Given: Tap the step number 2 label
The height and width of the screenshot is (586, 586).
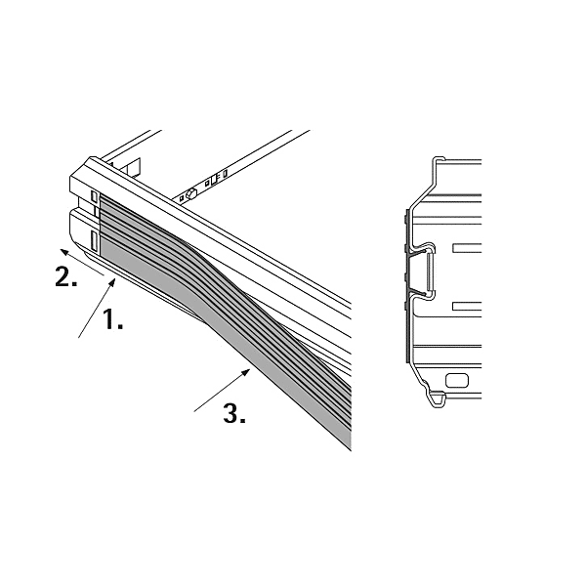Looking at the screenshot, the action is coord(66,277).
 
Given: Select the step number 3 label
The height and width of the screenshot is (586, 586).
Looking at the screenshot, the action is coord(234,413).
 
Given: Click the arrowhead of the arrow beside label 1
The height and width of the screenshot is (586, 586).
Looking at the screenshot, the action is coord(111,283).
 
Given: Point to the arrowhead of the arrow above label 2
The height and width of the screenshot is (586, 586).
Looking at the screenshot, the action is coord(64,252).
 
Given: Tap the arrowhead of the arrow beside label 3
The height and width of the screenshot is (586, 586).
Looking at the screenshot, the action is coord(246,372).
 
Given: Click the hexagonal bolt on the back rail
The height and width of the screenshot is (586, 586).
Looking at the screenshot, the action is coord(191,194).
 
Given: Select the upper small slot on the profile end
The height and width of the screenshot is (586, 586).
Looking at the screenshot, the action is coord(95,196).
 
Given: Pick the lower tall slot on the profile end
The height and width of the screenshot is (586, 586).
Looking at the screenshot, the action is coord(95,241).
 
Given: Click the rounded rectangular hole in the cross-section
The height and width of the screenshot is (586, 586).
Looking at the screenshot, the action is coord(457,381).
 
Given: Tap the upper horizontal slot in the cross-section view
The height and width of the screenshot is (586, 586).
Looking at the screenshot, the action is coord(467,248).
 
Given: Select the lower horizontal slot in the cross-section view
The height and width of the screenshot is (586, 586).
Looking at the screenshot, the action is coord(467,306).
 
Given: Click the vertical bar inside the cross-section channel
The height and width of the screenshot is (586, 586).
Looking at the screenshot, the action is coord(432,272).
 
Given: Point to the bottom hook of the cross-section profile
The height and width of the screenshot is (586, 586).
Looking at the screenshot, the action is coord(437,399).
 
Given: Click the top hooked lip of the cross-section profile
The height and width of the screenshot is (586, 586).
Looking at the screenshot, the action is coord(439,159).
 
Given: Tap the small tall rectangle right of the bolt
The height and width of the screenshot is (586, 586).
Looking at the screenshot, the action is coord(225,174).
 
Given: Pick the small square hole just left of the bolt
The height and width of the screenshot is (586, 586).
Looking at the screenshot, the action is coord(182,199).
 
